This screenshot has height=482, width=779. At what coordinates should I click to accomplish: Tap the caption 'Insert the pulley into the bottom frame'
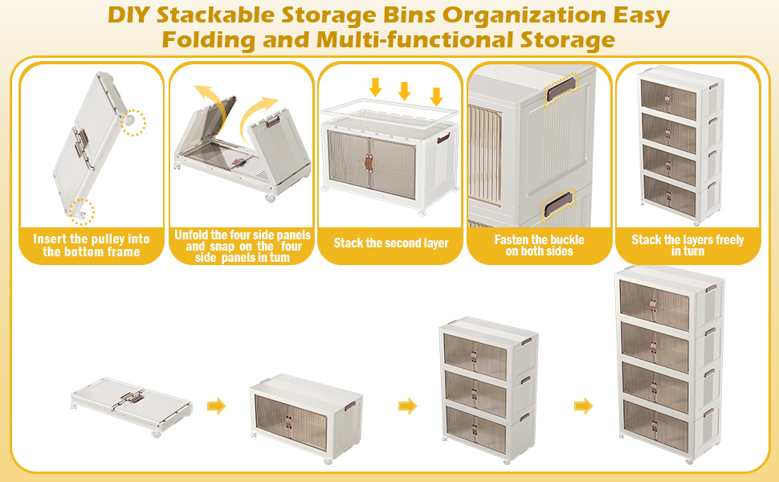[92, 245]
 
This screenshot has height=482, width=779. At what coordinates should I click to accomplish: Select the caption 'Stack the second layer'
[390, 243]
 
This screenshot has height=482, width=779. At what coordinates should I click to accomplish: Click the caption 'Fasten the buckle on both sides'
[539, 245]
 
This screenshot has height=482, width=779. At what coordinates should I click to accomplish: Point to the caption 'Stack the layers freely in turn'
[687, 245]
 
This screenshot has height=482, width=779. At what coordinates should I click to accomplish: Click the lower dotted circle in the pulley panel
[81, 211]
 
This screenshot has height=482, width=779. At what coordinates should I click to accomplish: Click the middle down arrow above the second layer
[405, 90]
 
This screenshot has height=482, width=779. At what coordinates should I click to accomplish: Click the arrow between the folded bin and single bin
[216, 406]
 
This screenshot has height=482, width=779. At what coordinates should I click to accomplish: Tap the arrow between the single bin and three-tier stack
[408, 406]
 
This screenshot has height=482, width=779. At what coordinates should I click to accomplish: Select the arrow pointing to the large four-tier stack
[583, 406]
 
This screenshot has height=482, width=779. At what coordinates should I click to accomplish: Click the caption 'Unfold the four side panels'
[240, 235]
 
